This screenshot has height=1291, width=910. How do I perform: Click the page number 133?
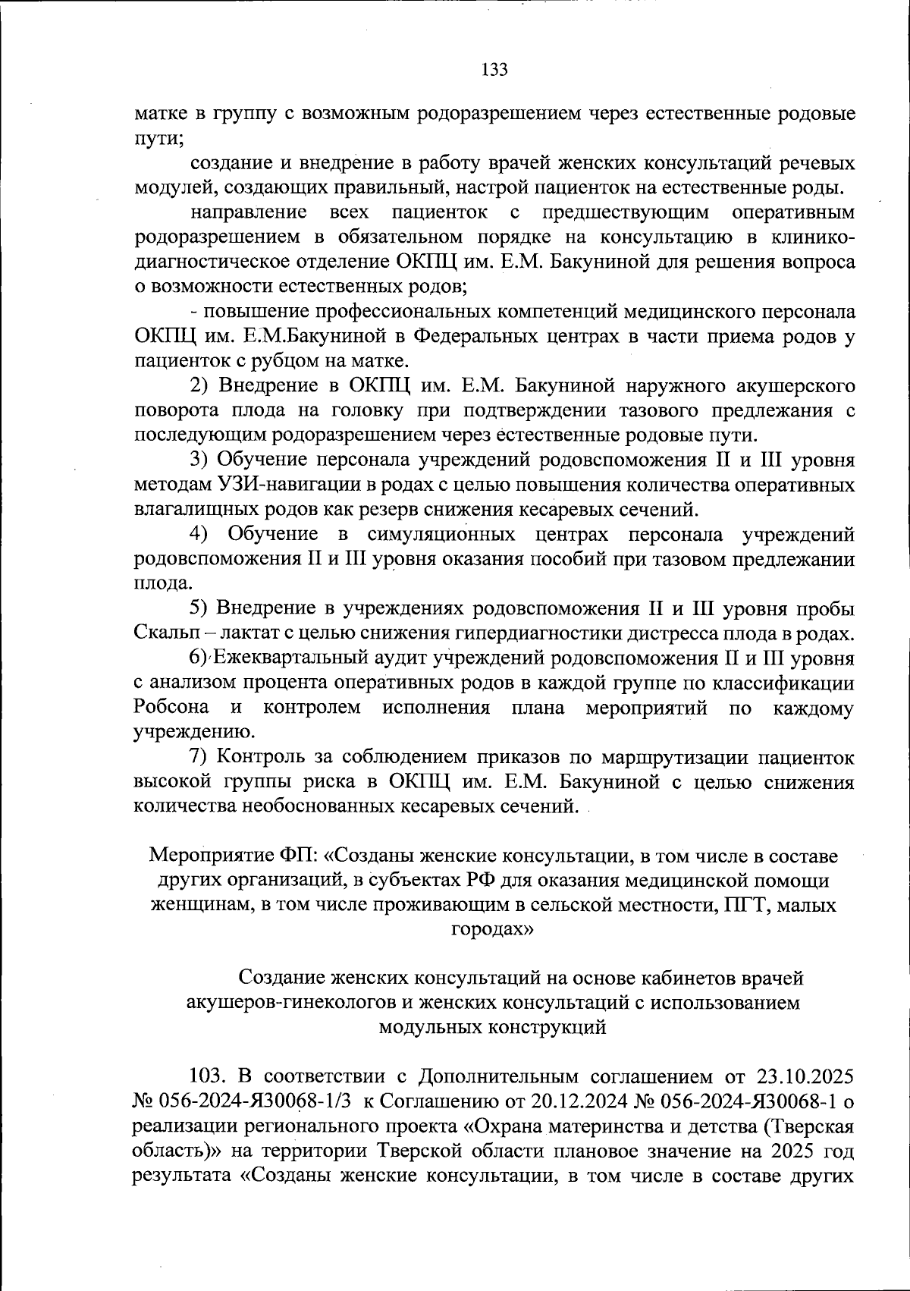(494, 70)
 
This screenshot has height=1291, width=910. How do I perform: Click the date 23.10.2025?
(805, 1076)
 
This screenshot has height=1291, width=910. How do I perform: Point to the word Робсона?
(171, 708)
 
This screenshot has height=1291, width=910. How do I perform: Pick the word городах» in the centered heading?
(492, 929)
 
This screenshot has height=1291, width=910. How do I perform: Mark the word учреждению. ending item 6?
(193, 732)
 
